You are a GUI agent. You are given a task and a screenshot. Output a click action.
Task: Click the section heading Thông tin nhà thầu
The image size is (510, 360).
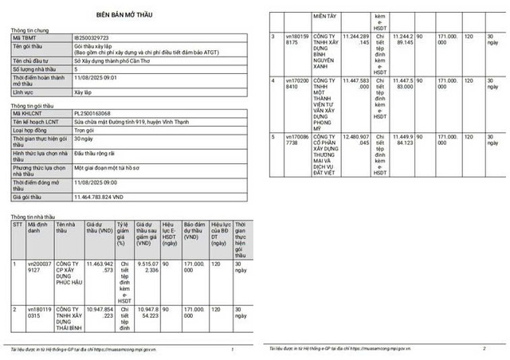pyautogui.click(x=33, y=217)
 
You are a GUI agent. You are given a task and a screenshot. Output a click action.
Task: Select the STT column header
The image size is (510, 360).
pyautogui.click(x=18, y=225)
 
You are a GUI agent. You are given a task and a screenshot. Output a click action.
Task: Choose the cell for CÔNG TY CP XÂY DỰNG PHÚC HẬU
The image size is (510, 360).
pyautogui.click(x=69, y=275)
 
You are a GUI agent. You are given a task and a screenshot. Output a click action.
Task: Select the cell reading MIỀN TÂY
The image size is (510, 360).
pyautogui.click(x=320, y=15)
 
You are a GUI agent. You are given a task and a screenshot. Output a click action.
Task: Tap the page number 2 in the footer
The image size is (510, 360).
pyautogui.click(x=484, y=349)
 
